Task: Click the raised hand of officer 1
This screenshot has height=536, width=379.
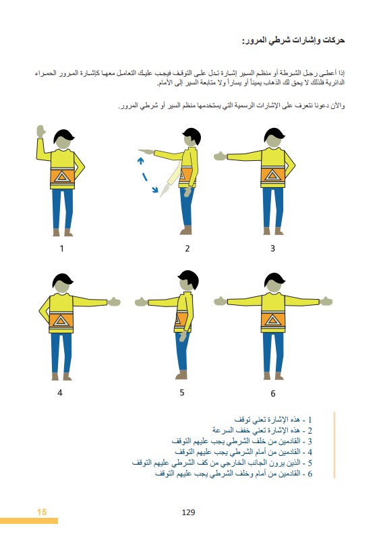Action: pyautogui.click(x=40, y=130)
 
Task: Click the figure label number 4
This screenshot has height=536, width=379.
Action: pyautogui.click(x=60, y=392)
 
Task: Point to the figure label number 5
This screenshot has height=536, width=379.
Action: pyautogui.click(x=182, y=392)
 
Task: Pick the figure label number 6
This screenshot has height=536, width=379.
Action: pyautogui.click(x=272, y=393)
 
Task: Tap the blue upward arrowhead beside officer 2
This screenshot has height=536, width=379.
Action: pyautogui.click(x=140, y=160)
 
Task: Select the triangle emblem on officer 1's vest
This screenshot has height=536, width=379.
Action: pyautogui.click(x=63, y=178)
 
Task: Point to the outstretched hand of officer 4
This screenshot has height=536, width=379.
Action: pyautogui.click(x=115, y=302)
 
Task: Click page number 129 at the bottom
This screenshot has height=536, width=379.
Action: pyautogui.click(x=188, y=512)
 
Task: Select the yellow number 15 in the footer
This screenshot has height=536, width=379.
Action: pyautogui.click(x=42, y=512)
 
